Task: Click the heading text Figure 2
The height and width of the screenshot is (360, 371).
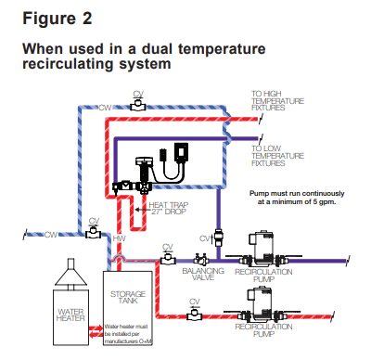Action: (58, 19)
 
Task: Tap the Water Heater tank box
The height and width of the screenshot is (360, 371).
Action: (70, 317)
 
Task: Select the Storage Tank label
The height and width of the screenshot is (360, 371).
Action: (128, 297)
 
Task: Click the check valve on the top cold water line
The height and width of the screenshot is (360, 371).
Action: (138, 105)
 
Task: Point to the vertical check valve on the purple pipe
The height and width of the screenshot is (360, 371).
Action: (218, 238)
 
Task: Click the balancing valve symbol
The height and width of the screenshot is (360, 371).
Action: (201, 259)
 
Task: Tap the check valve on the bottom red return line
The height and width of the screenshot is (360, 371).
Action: (194, 315)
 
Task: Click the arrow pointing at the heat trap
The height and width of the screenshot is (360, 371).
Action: (141, 210)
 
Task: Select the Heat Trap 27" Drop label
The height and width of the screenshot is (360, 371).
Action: (169, 208)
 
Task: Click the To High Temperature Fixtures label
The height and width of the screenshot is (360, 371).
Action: (277, 100)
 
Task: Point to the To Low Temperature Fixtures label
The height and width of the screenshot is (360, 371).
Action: (277, 156)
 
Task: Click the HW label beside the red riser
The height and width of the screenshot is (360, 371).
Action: (119, 238)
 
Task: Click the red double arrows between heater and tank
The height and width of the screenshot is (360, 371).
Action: (96, 331)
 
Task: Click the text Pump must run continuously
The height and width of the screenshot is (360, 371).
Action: (297, 194)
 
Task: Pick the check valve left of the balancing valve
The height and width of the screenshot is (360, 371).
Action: (168, 258)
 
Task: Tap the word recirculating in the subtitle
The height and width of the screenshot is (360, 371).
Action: (69, 64)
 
